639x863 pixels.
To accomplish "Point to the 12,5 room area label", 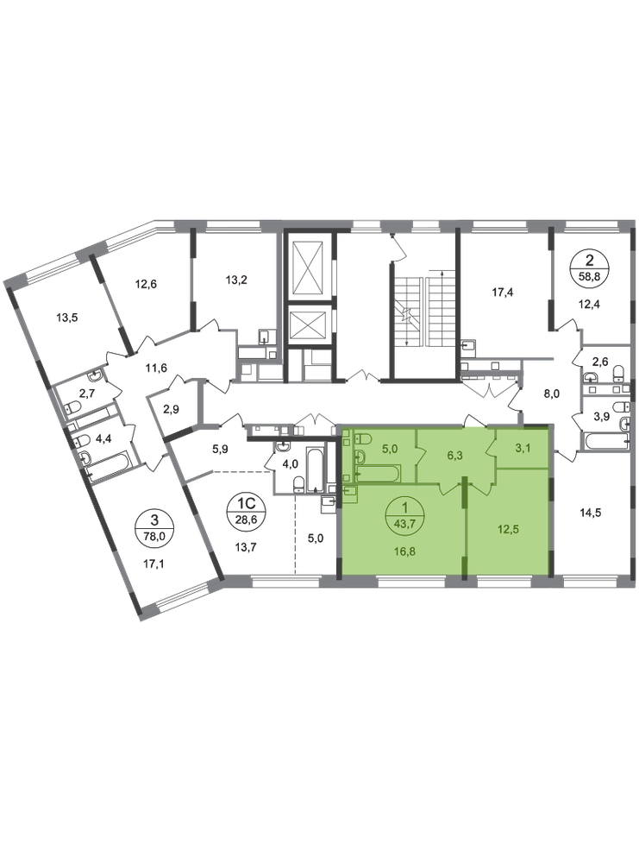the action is click(508, 530).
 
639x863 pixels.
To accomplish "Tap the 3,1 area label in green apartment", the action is click(523, 449).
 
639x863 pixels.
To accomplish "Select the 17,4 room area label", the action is click(502, 293).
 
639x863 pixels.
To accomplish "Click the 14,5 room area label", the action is click(591, 513).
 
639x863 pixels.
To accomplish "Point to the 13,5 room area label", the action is click(67, 317).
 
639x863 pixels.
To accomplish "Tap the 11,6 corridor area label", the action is click(156, 368).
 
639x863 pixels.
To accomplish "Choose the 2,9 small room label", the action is click(171, 409).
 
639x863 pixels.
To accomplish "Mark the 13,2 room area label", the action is click(236, 280).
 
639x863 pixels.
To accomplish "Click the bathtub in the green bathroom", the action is click(377, 473).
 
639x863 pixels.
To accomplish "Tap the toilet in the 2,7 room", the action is click(73, 408).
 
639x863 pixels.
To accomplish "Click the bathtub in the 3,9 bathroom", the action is click(606, 440).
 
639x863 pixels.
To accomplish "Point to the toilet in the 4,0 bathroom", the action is click(298, 483).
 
